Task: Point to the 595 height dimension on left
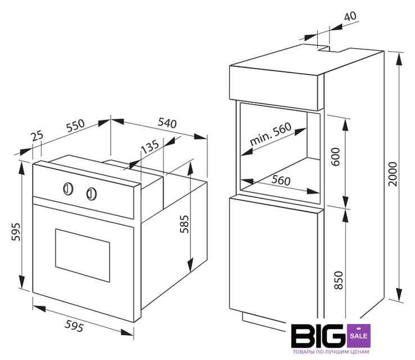15,232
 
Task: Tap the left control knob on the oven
67,188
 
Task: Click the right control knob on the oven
91,193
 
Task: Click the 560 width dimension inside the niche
277,181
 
